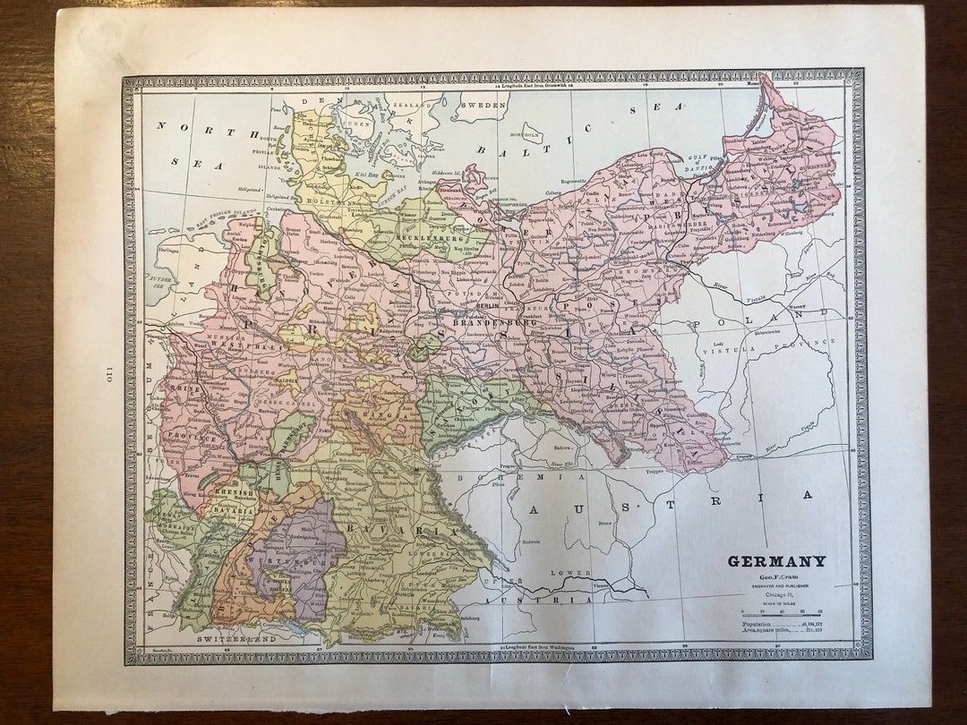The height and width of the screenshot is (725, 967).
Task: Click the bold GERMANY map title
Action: point(776,561)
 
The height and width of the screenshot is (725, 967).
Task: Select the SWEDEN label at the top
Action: point(483,105)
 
